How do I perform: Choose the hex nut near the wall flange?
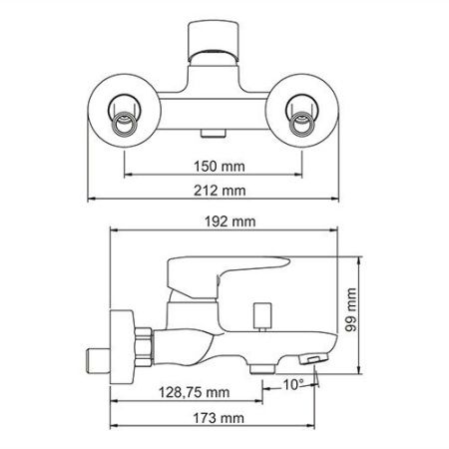click(x=144, y=344)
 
